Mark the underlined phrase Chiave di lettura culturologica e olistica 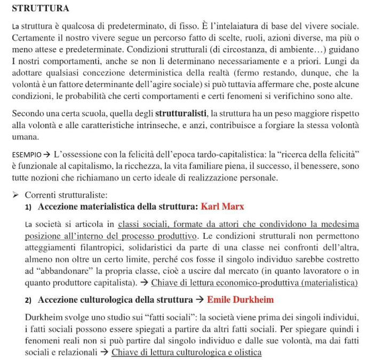[187, 353]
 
